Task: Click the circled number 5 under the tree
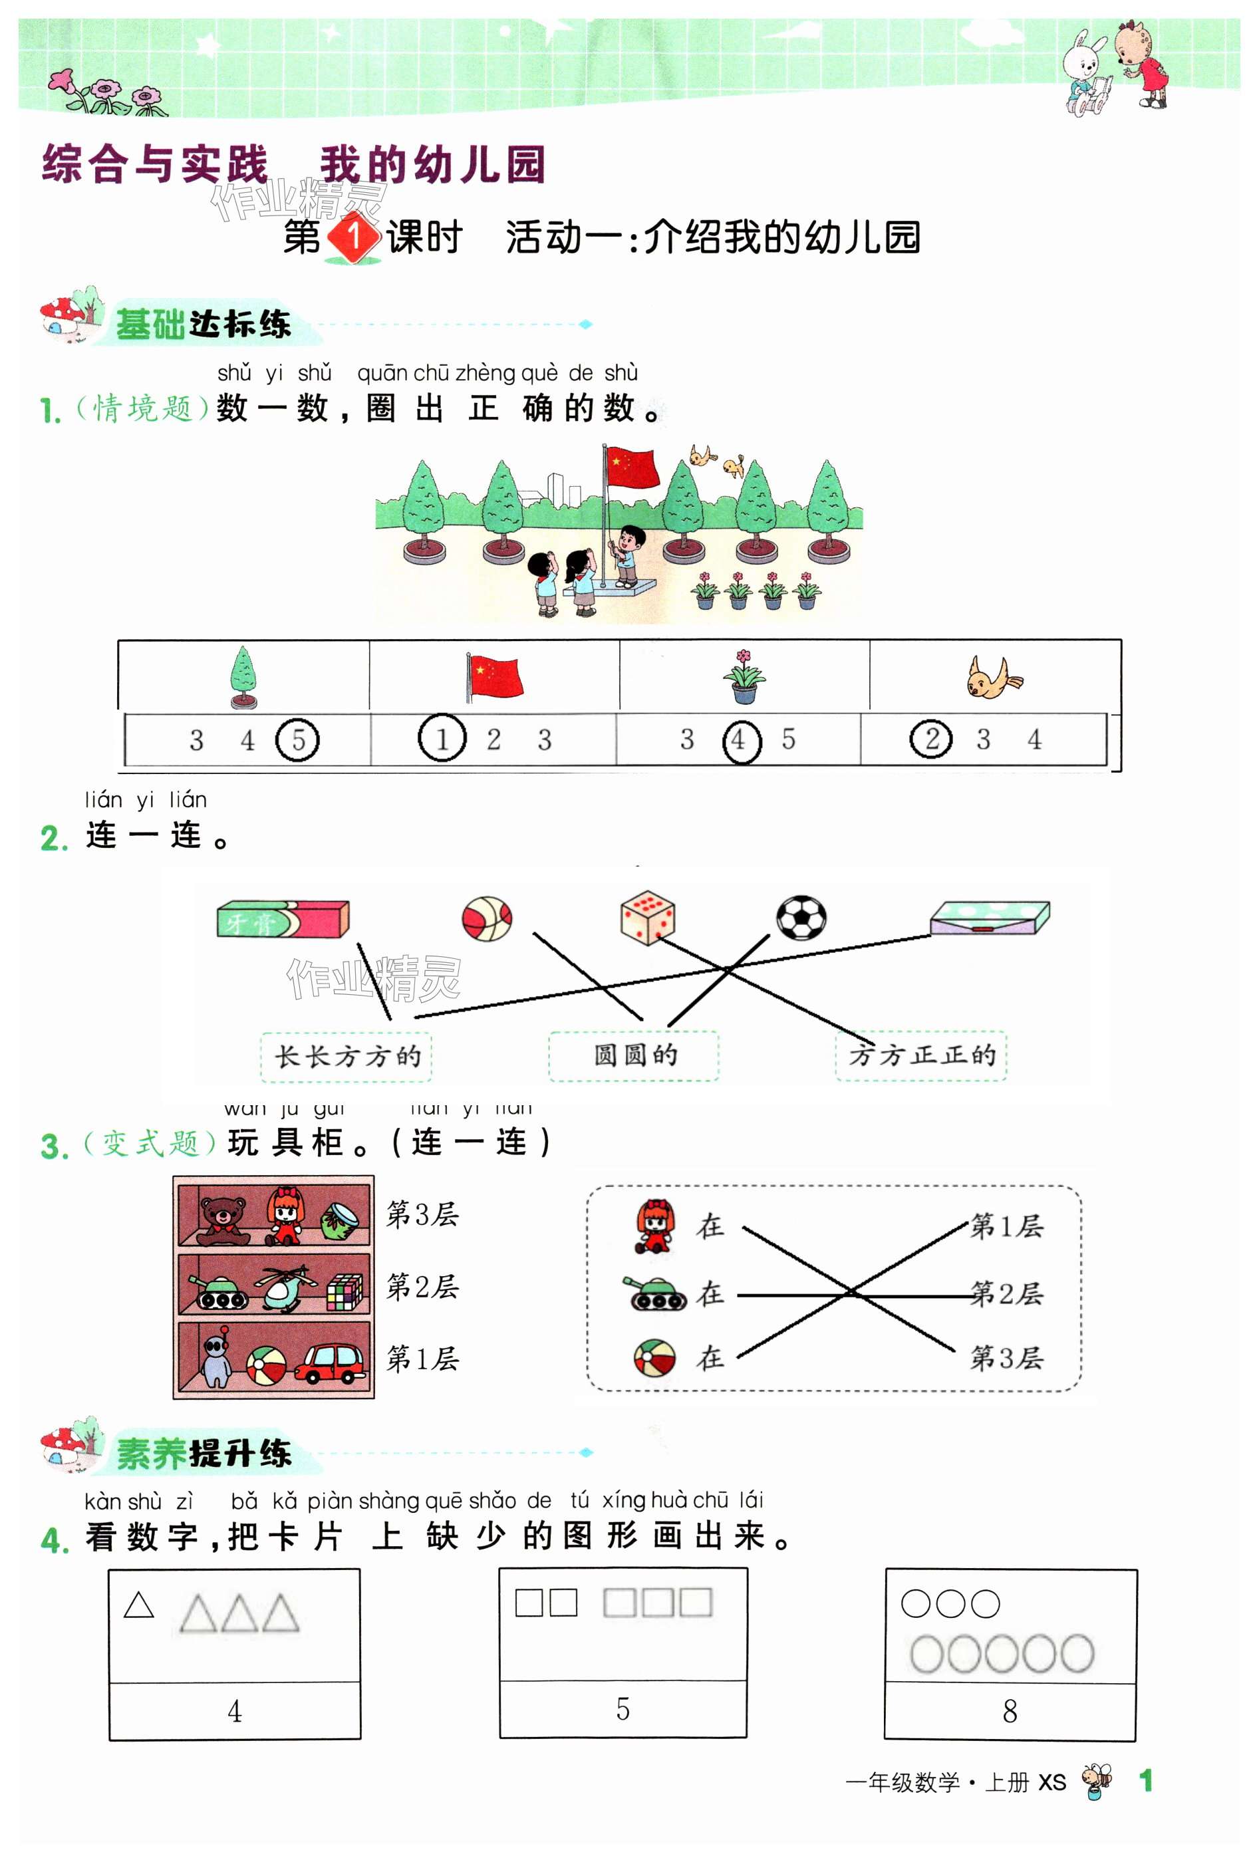coord(297,739)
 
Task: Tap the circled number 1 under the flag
coord(442,738)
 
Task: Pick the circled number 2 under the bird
coord(931,739)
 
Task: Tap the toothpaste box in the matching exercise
coord(283,919)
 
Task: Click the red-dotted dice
coord(648,918)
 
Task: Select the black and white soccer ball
coord(801,918)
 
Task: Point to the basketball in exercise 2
coord(488,918)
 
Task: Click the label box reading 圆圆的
coord(634,1056)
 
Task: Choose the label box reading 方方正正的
coord(921,1056)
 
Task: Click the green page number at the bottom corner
coord(1146,1781)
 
